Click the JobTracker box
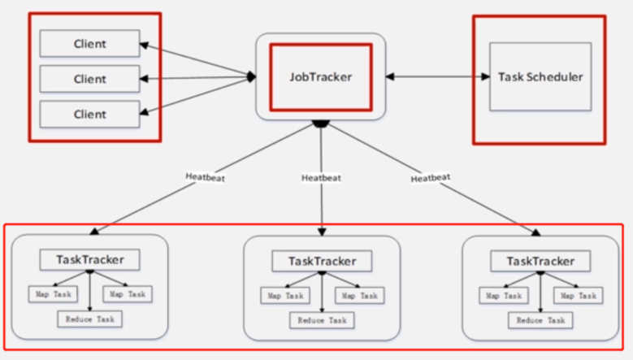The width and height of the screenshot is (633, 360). click(320, 76)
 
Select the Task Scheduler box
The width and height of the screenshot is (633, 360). click(540, 76)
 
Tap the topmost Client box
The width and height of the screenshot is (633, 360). click(89, 44)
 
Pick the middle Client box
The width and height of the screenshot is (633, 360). click(89, 79)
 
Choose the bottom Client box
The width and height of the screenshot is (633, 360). click(89, 114)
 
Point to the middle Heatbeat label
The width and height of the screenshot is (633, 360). click(321, 177)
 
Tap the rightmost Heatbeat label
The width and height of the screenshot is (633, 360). click(431, 177)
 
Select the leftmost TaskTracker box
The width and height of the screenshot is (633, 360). click(89, 260)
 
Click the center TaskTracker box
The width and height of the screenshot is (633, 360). click(322, 262)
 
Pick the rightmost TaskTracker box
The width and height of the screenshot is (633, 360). click(540, 261)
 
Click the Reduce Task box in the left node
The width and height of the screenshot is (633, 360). click(89, 319)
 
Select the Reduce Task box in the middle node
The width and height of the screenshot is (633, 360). click(322, 320)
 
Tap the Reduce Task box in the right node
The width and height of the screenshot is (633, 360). click(540, 320)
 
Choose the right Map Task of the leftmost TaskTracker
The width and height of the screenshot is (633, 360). click(128, 293)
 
